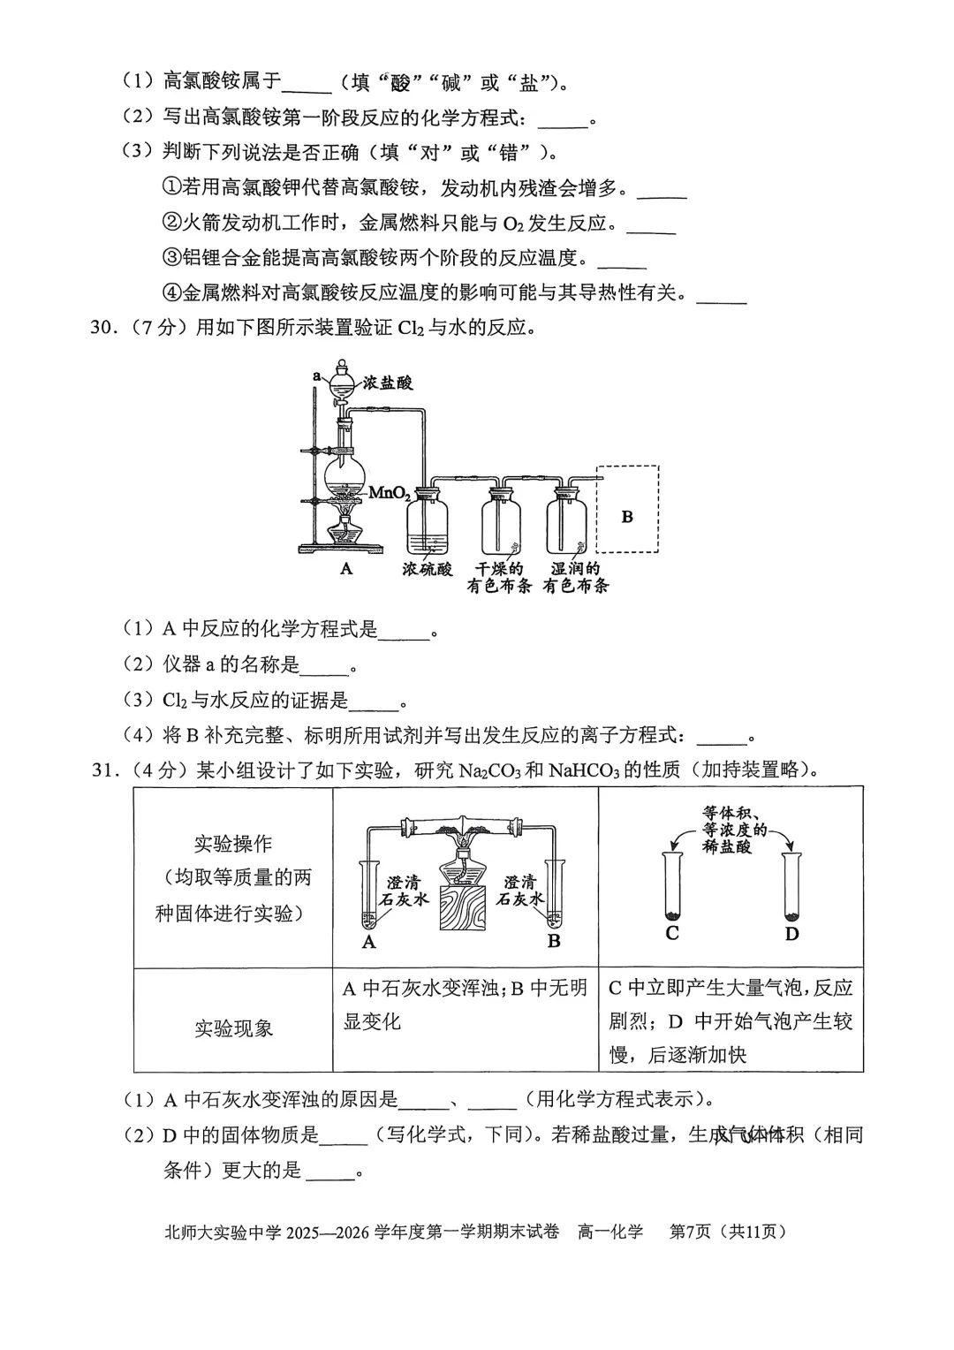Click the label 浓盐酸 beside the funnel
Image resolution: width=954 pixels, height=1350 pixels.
coord(388,383)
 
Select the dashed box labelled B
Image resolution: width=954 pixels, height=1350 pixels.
coord(627,509)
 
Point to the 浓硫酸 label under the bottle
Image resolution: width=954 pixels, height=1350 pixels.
coord(427,569)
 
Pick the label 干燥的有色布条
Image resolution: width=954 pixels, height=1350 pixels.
coord(499,577)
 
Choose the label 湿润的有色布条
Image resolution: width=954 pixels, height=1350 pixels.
coord(575,577)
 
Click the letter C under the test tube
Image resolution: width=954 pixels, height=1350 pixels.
coord(672,933)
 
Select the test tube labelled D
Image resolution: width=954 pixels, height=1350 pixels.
coord(791,888)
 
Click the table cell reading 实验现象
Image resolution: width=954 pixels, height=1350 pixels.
coord(233,1028)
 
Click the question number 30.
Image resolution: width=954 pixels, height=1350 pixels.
coord(103,328)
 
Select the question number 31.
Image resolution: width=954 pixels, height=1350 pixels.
coord(103,770)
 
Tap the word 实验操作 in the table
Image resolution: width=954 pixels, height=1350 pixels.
coord(233,844)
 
